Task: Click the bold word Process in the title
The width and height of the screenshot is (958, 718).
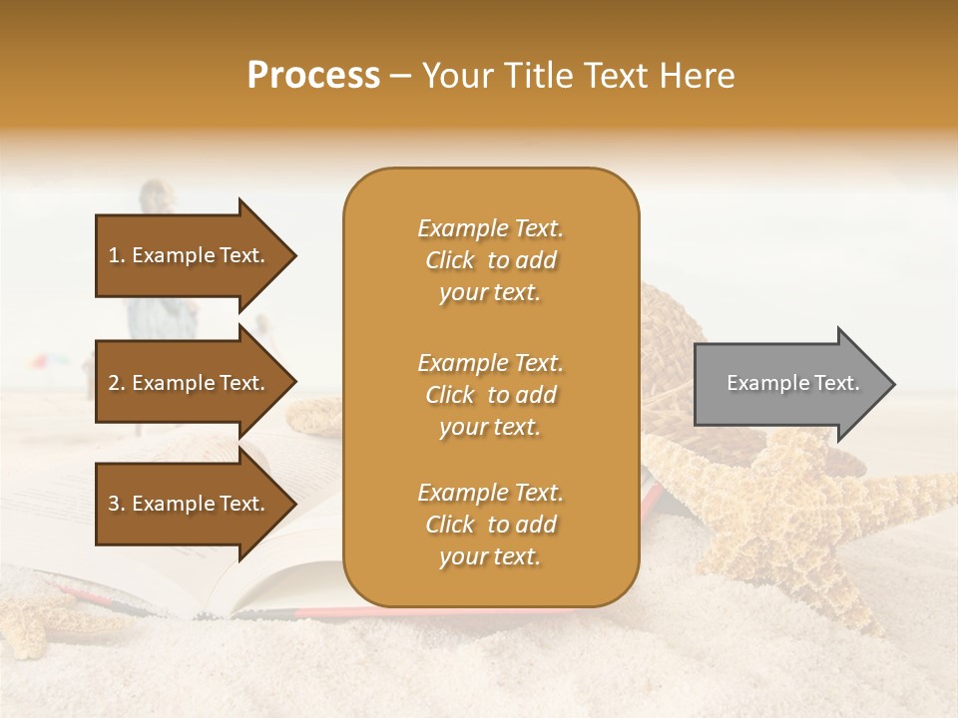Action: [313, 76]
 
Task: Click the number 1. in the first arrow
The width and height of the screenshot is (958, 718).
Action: [117, 255]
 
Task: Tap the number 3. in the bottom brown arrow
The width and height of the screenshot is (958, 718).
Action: [117, 504]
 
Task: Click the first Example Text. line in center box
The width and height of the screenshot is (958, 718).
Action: [490, 228]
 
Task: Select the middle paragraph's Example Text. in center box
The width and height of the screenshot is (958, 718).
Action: [490, 363]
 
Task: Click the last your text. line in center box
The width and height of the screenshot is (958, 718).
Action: [490, 556]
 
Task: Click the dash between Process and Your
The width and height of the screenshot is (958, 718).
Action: [401, 76]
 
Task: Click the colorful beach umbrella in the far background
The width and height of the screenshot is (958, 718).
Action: [40, 362]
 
